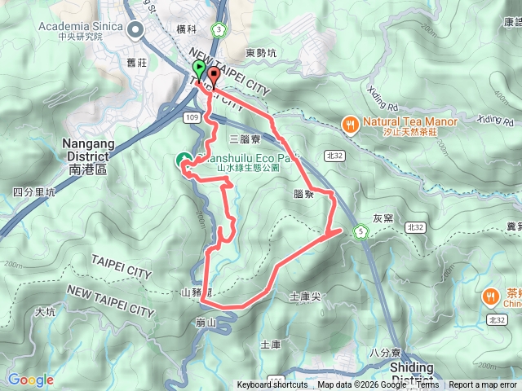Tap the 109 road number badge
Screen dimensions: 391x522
[x=192, y=118]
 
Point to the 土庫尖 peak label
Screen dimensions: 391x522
[x=305, y=297]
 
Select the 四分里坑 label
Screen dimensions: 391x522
[x=33, y=193]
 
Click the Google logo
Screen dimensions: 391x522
[x=30, y=380]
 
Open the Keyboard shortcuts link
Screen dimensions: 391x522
[x=272, y=385]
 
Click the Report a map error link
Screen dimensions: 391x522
[x=483, y=385]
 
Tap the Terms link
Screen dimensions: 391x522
[x=427, y=385]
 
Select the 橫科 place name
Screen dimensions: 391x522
[x=187, y=29]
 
